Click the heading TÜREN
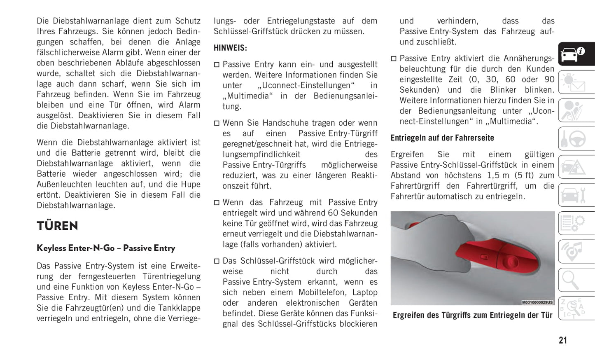[x=57, y=226]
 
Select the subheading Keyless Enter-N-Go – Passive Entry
[x=106, y=248]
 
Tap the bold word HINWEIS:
[x=230, y=48]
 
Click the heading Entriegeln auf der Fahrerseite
[x=442, y=138]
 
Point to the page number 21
[x=562, y=340]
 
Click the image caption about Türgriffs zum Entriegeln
[x=472, y=315]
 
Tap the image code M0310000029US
[x=537, y=302]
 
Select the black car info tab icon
[x=576, y=54]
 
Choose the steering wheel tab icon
[x=576, y=139]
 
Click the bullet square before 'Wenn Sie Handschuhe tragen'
[x=217, y=123]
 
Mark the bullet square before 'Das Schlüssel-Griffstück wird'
[x=217, y=261]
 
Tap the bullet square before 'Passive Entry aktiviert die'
[x=394, y=59]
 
